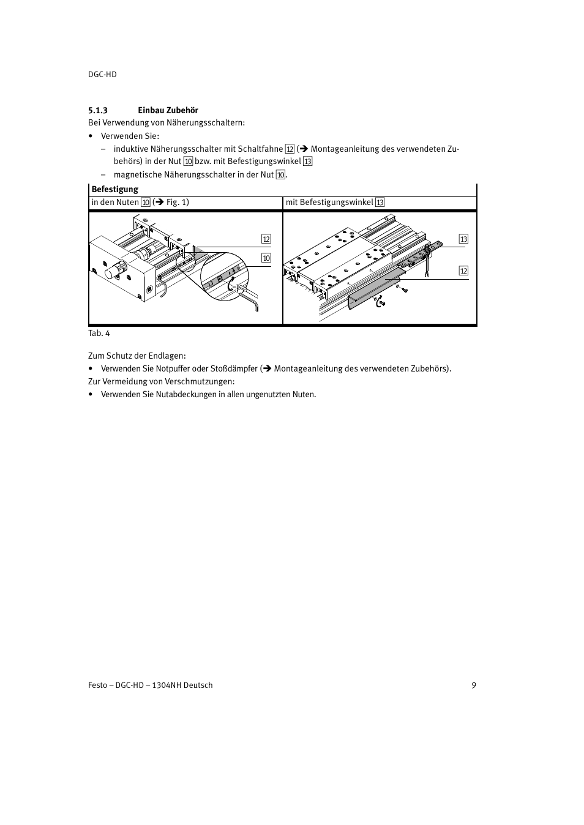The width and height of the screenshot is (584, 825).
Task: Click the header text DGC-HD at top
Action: pos(102,74)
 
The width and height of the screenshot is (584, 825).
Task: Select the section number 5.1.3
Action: pos(98,111)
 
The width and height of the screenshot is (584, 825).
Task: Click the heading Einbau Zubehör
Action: pos(168,111)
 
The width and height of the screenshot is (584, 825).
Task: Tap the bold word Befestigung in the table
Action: pos(115,190)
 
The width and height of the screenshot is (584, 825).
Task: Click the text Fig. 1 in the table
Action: pos(177,203)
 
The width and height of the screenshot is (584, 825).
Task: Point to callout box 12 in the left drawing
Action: pos(266,239)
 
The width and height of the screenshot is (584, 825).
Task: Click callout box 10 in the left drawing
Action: pos(266,258)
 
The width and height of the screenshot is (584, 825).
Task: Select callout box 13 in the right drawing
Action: pos(463,239)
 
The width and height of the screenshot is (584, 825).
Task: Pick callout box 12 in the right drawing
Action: pos(463,271)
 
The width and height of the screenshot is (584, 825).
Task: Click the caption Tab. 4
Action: pos(99,334)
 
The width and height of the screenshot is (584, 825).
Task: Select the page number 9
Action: pos(474,685)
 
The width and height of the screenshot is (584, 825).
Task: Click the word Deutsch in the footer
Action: pos(198,685)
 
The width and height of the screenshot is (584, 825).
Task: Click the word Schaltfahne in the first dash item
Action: pos(260,149)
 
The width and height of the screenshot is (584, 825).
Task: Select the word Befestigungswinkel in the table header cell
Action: pos(336,203)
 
